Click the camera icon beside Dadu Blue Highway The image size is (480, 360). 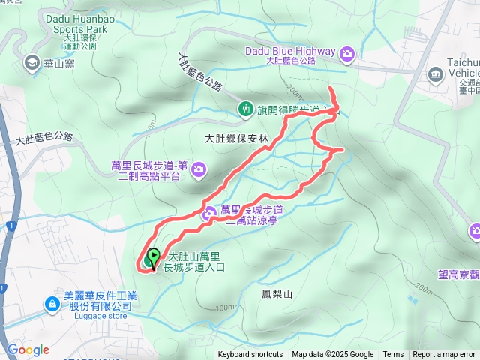(347, 52)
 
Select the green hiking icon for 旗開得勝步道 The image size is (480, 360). (245, 109)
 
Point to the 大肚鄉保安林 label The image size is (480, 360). (235, 138)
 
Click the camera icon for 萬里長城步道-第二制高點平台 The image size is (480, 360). (199, 169)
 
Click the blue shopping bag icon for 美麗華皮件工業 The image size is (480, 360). (52, 303)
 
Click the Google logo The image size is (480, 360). (28, 349)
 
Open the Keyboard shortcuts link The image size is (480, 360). (250, 355)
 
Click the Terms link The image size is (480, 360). (393, 355)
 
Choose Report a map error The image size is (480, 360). (445, 355)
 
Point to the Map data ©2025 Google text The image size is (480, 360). (332, 355)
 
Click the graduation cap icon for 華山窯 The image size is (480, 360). (31, 63)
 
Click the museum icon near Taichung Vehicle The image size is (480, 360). (436, 74)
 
